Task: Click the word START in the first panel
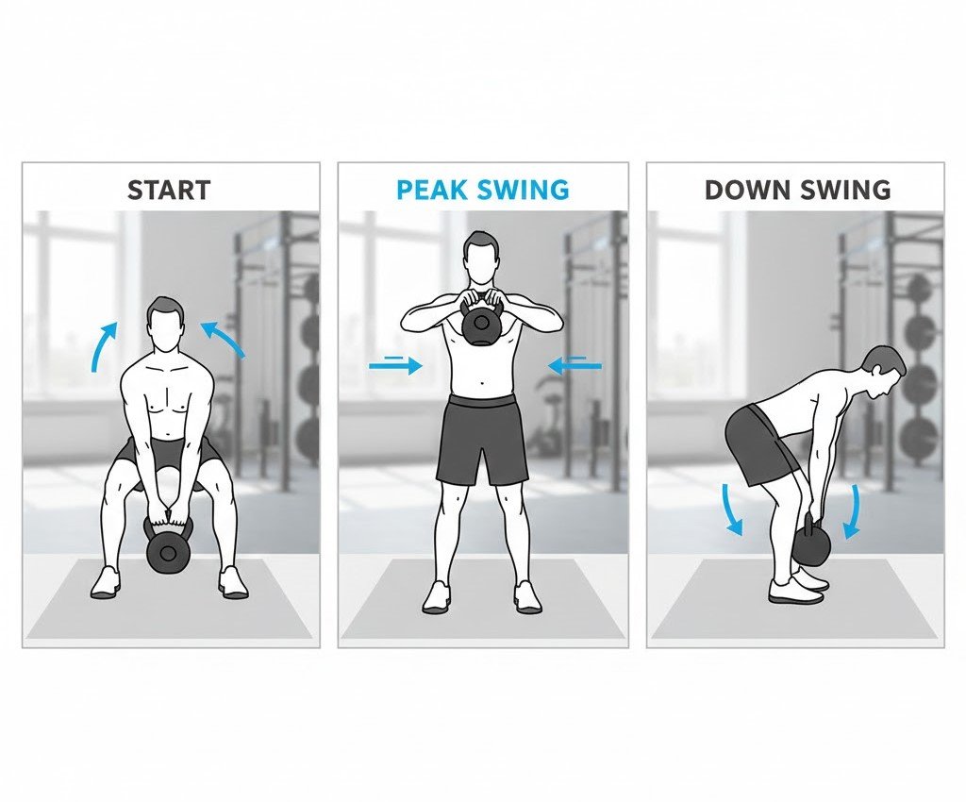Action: pos(169,191)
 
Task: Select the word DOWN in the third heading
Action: pos(745,190)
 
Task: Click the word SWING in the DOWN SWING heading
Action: pos(843,190)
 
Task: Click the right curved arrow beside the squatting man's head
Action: pos(225,338)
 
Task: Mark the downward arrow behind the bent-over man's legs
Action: pos(732,509)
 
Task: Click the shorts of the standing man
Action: pos(482,440)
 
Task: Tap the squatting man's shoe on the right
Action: pos(233,583)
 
